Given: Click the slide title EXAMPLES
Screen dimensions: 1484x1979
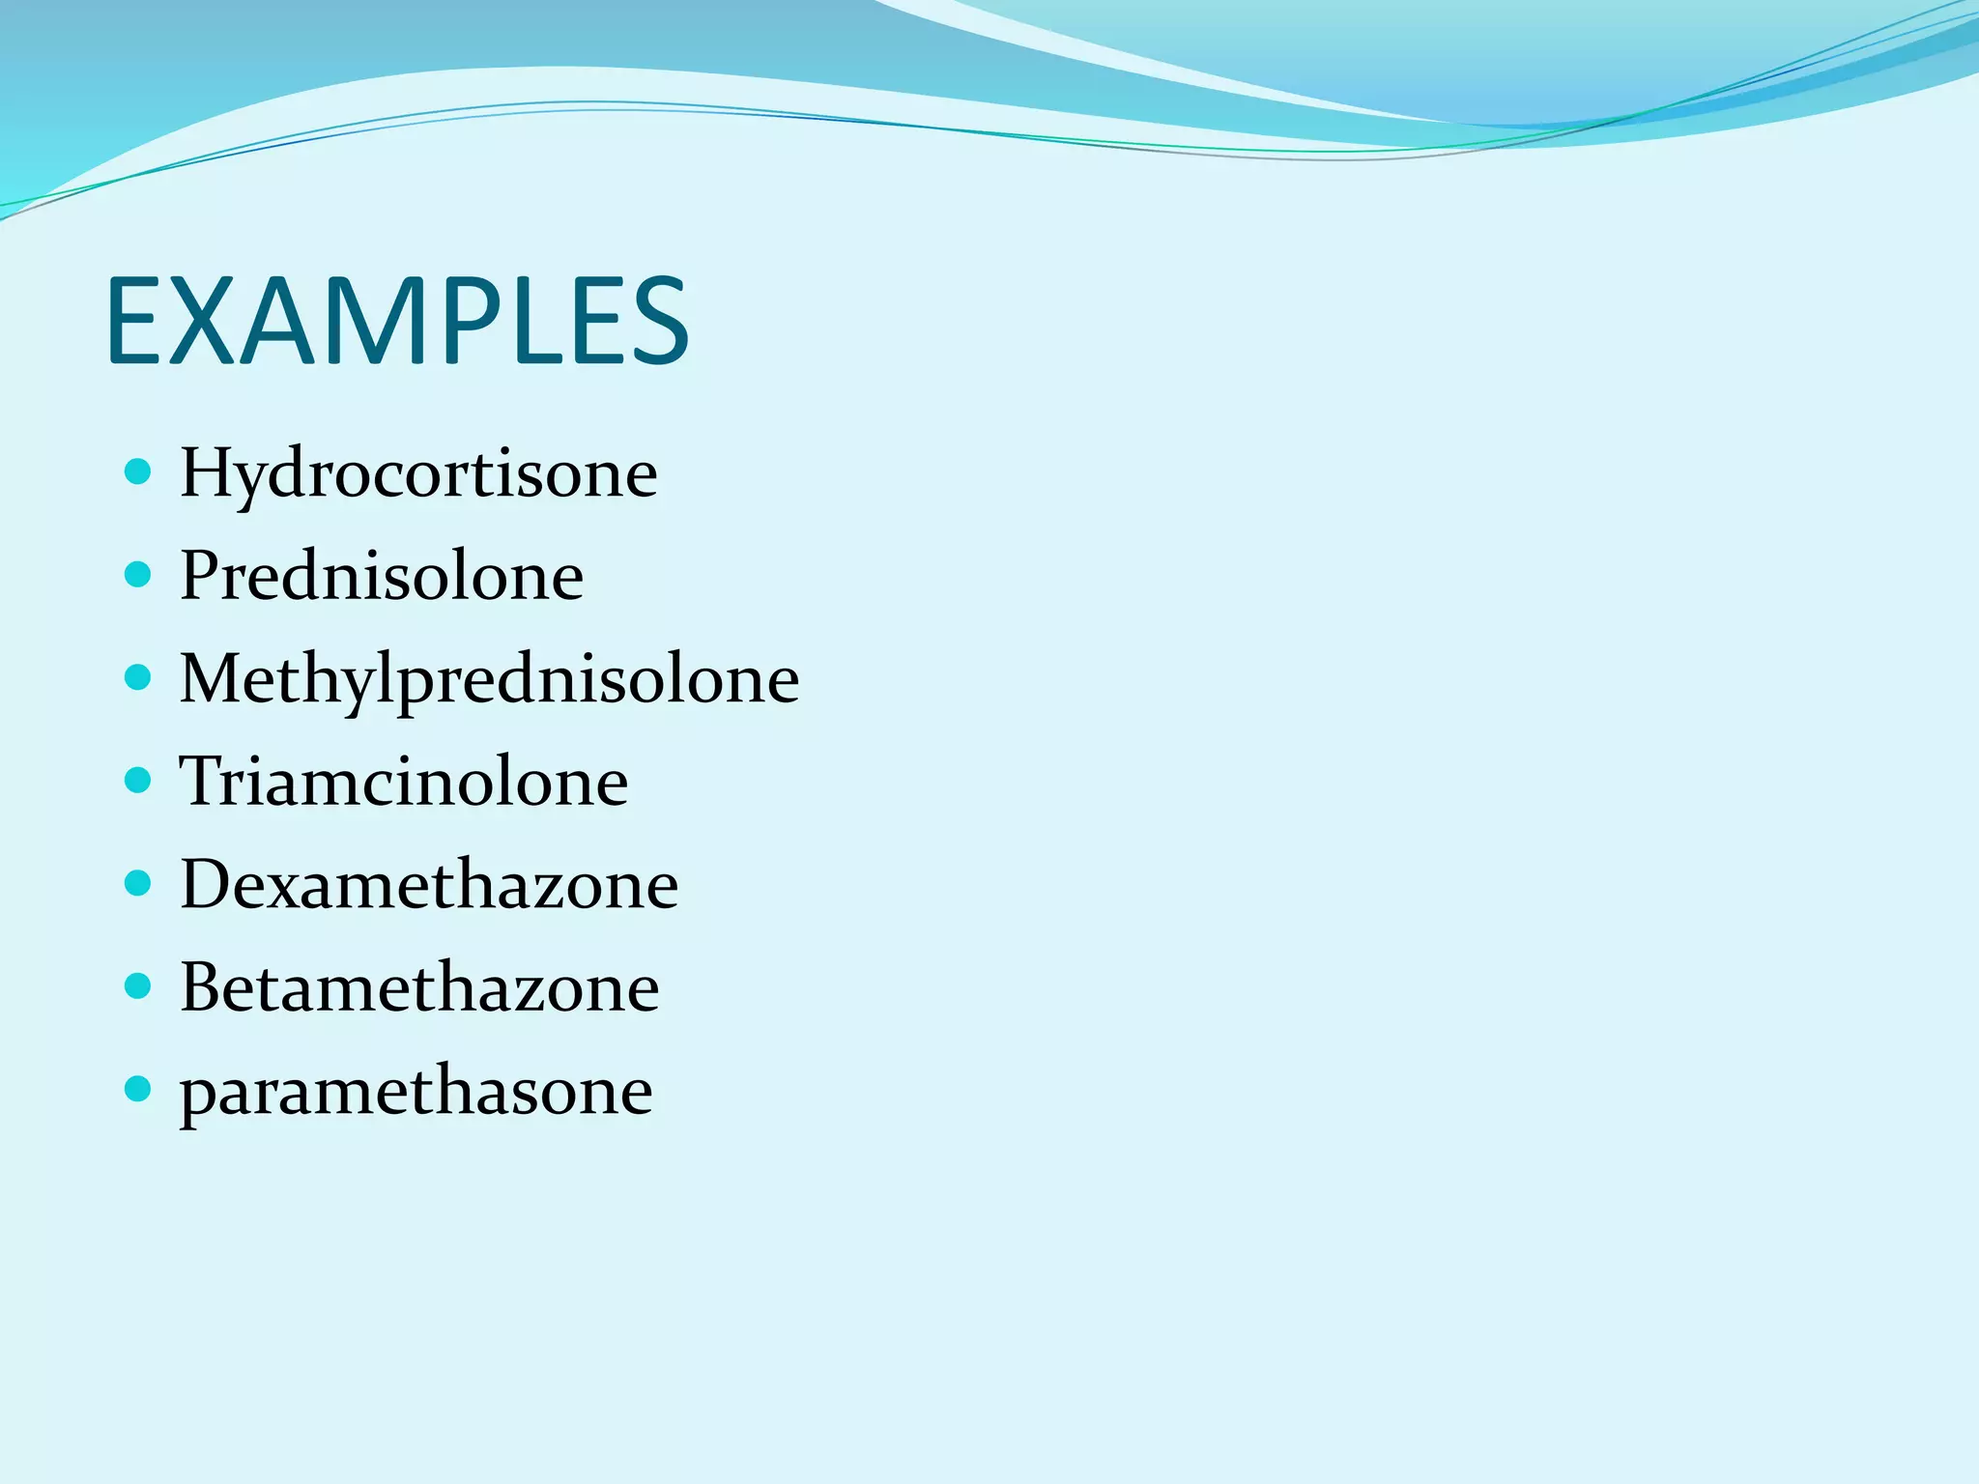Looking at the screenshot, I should (397, 321).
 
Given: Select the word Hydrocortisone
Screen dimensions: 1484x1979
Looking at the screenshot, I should (418, 473).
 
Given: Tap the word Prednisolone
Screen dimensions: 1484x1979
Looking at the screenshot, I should (382, 576).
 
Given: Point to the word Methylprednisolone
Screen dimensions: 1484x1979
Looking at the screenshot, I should (489, 679).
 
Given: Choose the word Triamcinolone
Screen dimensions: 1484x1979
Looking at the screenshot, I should (404, 781).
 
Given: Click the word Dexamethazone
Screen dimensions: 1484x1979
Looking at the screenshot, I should (429, 884).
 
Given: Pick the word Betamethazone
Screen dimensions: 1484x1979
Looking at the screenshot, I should (419, 987).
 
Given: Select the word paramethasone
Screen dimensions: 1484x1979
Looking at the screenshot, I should (416, 1092).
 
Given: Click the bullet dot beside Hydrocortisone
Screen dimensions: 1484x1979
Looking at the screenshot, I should (139, 471).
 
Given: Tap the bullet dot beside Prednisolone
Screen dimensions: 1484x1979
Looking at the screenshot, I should (139, 575).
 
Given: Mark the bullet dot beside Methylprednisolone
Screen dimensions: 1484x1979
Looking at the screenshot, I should (139, 677).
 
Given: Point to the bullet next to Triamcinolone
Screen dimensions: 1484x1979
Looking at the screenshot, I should (139, 780).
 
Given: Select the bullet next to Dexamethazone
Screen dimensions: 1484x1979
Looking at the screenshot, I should (139, 883).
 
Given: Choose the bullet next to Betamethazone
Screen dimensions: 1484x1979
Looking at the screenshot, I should (139, 986).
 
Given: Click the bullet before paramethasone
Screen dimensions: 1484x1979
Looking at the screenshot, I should (139, 1090).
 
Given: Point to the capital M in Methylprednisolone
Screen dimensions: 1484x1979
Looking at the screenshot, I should (216, 678).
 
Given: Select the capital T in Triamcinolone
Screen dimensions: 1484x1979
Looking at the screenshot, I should (202, 781).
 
